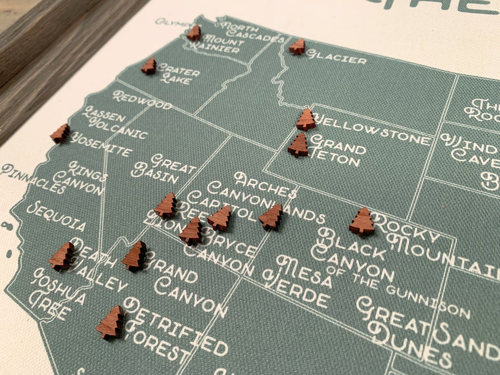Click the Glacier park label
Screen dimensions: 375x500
pos(336,57)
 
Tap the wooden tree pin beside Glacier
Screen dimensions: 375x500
pos(297,46)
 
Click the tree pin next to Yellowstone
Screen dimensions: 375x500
pos(306,120)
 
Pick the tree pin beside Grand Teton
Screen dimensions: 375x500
pos(298,145)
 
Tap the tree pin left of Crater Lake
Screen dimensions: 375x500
pos(149,66)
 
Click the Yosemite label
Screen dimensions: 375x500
pos(101,145)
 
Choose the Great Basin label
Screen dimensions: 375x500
pos(160,168)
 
